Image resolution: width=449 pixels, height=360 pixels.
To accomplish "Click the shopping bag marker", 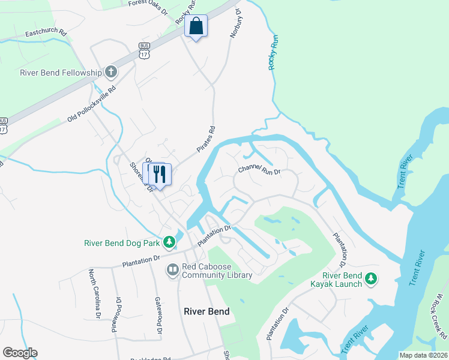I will point(196,26).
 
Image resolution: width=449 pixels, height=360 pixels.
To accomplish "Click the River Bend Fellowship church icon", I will point(110,73).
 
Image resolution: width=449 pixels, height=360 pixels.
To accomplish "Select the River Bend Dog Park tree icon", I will point(170,242).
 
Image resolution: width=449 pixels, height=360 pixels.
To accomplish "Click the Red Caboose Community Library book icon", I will point(173,271).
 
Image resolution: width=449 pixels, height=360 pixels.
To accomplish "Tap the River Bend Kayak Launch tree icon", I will point(372,278).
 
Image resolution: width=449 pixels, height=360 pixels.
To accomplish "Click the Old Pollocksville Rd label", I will point(91,106).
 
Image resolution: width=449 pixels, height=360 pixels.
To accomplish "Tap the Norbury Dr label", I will point(235,24).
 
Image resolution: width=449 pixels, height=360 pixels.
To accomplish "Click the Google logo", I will point(20,353).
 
